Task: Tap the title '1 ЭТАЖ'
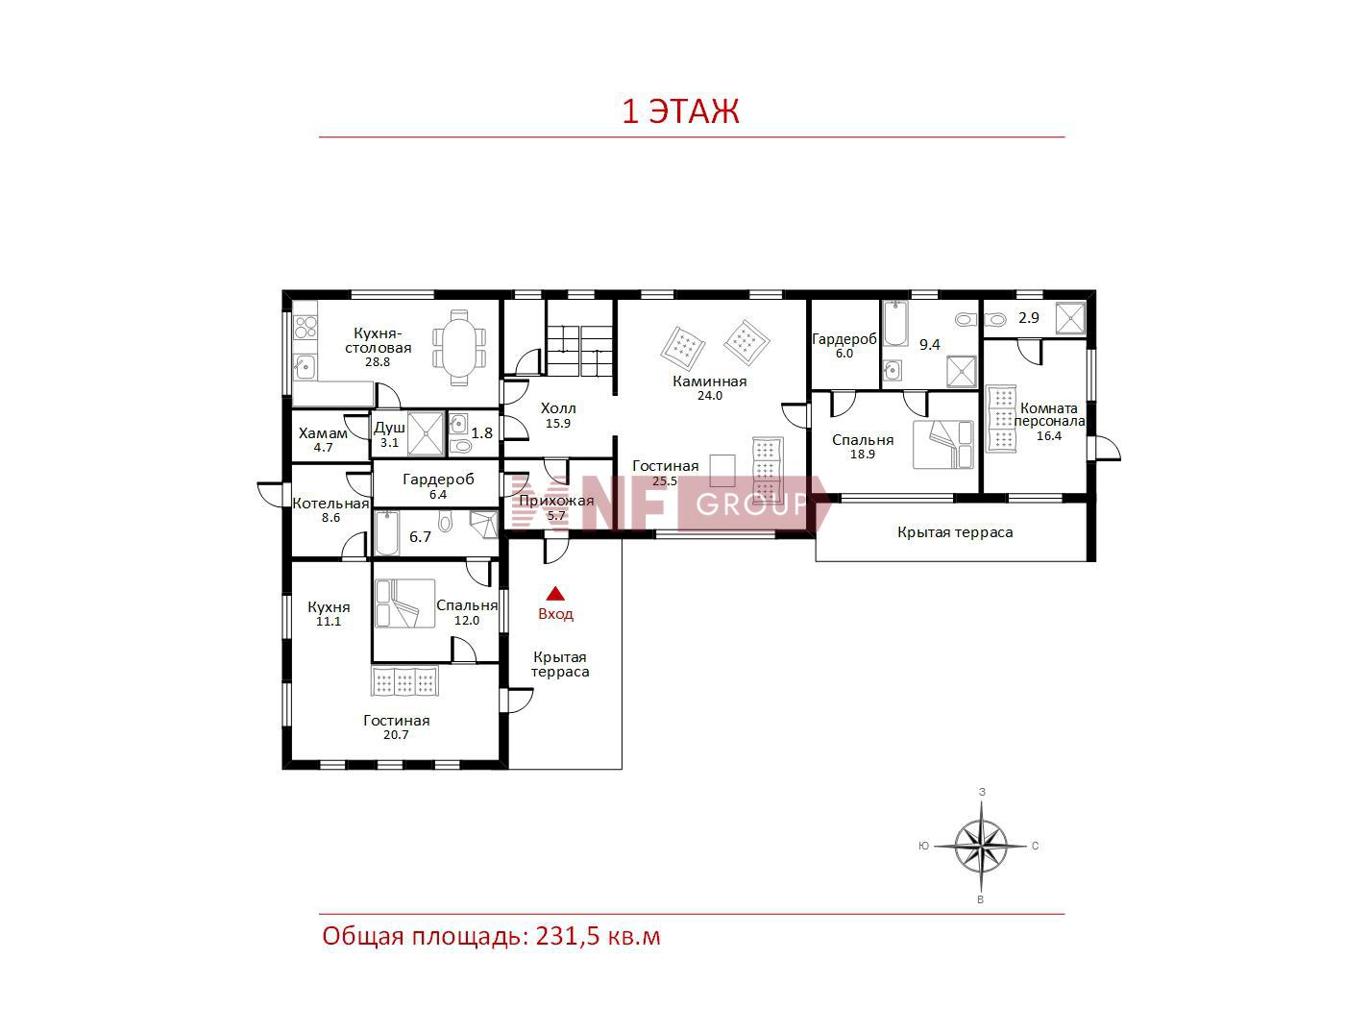click(680, 111)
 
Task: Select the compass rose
click(981, 846)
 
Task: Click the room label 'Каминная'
click(710, 381)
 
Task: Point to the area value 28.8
click(378, 362)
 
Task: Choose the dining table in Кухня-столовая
click(459, 347)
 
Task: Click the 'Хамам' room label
click(323, 433)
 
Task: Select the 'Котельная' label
click(330, 504)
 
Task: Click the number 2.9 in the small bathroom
click(1029, 318)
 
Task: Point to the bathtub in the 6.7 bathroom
click(386, 533)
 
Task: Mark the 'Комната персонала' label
click(1049, 415)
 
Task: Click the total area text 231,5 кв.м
click(599, 936)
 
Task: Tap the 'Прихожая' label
click(556, 501)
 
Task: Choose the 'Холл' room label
click(558, 408)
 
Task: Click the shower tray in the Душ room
click(426, 433)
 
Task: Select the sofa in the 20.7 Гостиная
click(405, 681)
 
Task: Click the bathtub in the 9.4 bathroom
click(895, 324)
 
